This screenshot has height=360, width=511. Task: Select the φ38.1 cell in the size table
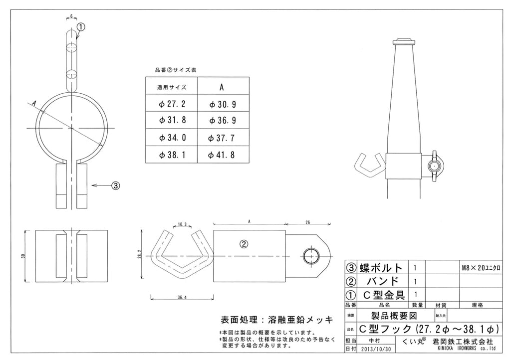pos(172,155)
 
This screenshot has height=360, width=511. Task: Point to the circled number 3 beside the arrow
pos(115,185)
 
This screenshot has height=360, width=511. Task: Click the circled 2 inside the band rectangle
pos(244,244)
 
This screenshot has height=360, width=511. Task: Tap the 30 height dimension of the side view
pos(23,255)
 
